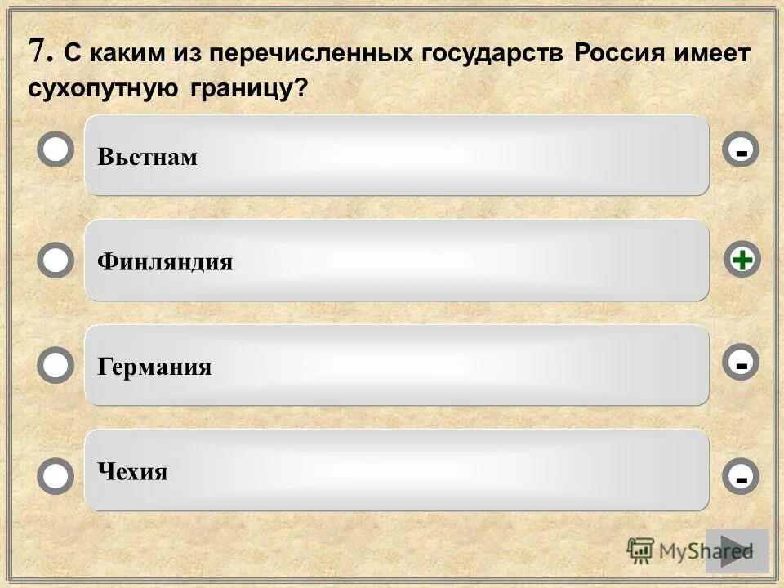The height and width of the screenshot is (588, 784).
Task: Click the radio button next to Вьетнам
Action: tap(56, 151)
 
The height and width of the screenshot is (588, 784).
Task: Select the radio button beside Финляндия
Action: tap(56, 261)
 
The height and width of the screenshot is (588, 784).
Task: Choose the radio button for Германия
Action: tap(56, 365)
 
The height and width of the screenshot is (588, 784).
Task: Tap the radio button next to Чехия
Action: tap(56, 476)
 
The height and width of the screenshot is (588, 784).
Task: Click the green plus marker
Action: tap(742, 261)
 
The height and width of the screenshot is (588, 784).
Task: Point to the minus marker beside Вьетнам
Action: tap(741, 151)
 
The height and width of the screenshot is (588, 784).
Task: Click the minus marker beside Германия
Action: tap(741, 363)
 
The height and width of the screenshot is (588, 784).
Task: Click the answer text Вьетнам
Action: tap(147, 157)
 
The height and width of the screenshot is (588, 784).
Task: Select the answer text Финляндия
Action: tap(165, 262)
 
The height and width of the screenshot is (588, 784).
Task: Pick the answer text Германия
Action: tap(154, 367)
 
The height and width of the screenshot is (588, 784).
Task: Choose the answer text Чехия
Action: tap(132, 472)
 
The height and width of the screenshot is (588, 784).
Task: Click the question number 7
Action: tap(38, 51)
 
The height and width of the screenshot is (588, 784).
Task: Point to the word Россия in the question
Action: tap(620, 54)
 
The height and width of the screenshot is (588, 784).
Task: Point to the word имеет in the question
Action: tap(713, 54)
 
